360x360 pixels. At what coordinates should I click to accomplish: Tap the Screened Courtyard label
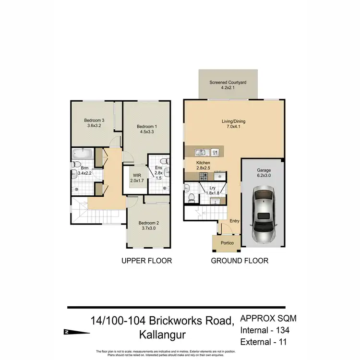(x=228, y=83)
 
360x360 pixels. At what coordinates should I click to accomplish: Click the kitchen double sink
(x=202, y=153)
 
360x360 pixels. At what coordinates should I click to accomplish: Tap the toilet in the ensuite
(x=164, y=161)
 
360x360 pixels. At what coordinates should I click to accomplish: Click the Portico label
(x=227, y=243)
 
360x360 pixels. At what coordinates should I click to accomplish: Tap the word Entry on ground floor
(x=234, y=221)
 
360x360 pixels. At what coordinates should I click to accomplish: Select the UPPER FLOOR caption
(x=146, y=261)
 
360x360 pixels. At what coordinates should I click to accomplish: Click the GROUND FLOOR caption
(x=240, y=261)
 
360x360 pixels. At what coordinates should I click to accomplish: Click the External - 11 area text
(x=264, y=341)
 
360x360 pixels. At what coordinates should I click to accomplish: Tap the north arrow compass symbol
(x=66, y=331)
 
